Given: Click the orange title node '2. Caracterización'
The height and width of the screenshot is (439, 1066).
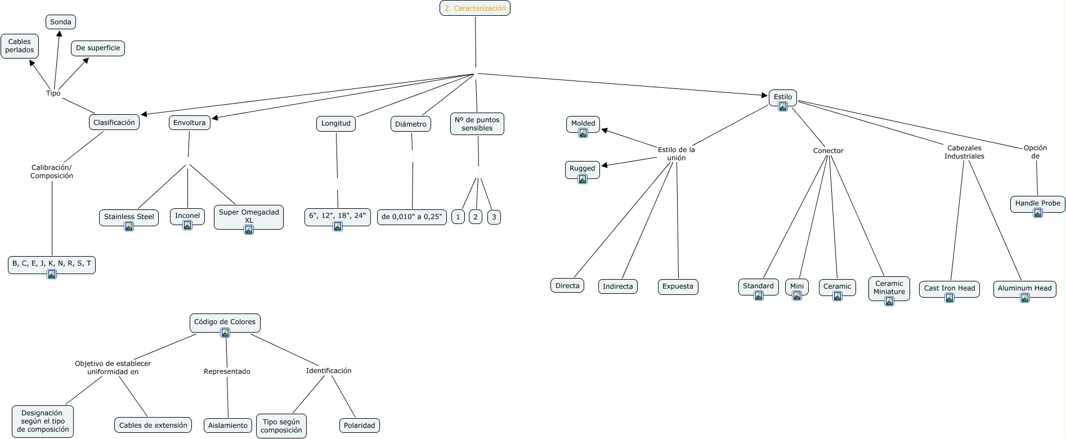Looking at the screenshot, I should click(x=474, y=8).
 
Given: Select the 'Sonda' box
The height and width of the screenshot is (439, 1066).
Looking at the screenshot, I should click(x=61, y=22).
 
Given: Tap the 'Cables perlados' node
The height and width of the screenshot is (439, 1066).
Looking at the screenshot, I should click(x=20, y=46).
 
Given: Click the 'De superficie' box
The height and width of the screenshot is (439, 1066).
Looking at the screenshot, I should click(x=98, y=48).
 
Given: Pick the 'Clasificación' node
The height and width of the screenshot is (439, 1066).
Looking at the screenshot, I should click(x=114, y=123).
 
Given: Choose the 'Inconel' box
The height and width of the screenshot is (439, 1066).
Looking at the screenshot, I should click(x=187, y=216).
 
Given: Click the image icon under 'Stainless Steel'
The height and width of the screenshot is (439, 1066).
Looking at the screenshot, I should click(x=129, y=227).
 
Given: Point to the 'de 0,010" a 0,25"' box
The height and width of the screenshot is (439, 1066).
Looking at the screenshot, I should click(x=411, y=217).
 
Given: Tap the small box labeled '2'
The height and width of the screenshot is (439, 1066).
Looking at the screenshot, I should click(x=476, y=217).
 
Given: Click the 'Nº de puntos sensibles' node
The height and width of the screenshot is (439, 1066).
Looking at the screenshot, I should click(x=477, y=124).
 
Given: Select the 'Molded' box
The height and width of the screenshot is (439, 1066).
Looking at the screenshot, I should click(x=583, y=123).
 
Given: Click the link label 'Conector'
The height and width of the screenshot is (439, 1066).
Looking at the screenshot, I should click(x=828, y=151).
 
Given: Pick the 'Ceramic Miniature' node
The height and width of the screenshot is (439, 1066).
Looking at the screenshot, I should click(x=889, y=288).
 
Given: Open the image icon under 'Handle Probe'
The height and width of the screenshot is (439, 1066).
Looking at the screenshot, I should click(x=1038, y=213).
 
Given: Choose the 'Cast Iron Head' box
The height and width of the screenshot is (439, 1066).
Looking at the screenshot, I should click(x=949, y=288).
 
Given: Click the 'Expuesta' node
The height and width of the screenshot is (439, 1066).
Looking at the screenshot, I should click(x=678, y=286).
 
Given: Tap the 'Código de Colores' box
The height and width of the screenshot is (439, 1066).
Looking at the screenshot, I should click(x=225, y=322).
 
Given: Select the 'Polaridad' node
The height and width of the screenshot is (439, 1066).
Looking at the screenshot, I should click(x=359, y=425).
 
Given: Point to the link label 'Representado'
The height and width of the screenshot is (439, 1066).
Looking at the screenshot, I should click(x=227, y=371).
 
